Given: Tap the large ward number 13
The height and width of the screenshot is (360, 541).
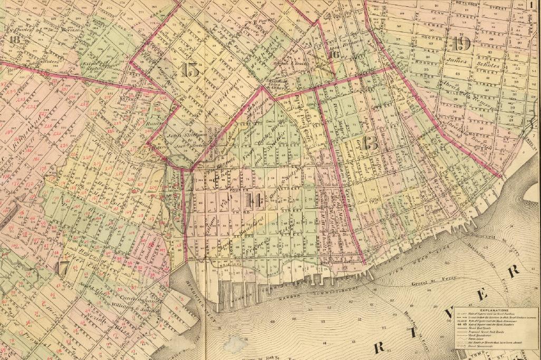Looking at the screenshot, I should click(371, 143).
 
